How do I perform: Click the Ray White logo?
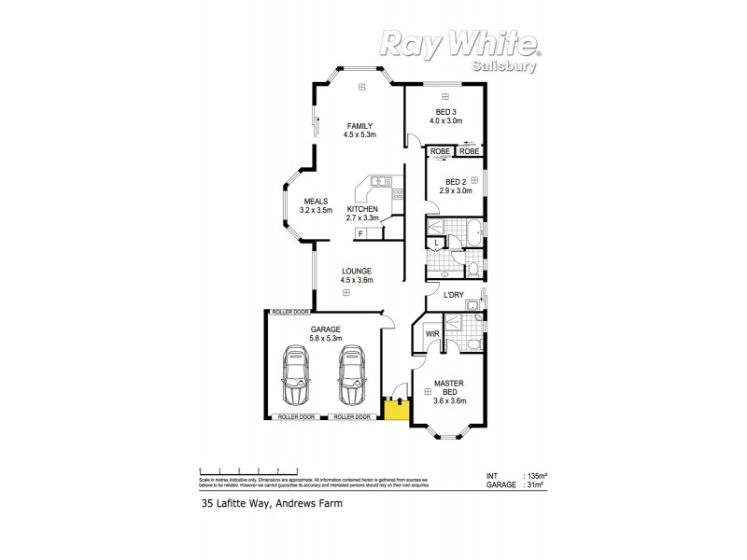point(458,43)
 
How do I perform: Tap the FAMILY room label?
point(360,125)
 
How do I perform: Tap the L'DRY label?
point(454,296)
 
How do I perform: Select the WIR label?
point(432,333)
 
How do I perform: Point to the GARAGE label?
point(325,329)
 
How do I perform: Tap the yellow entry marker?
point(396,409)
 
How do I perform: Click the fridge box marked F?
point(359,233)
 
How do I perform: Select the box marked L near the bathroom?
point(437,243)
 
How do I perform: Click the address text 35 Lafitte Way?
point(272,503)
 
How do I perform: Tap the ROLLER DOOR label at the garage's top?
point(289,312)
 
